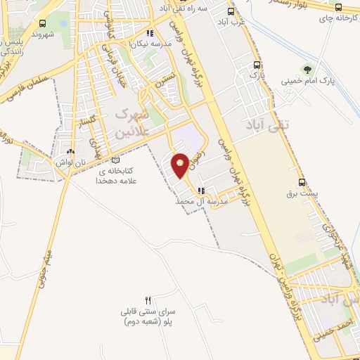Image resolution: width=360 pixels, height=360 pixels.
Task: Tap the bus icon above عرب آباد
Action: [231, 11]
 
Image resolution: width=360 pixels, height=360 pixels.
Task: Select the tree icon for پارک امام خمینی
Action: [306, 68]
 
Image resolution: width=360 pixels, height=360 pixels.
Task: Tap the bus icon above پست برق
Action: [302, 182]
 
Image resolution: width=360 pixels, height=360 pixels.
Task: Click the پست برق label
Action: [302, 193]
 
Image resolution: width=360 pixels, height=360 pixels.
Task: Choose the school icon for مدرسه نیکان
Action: [149, 32]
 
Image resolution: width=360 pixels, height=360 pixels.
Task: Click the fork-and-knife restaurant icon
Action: [148, 300]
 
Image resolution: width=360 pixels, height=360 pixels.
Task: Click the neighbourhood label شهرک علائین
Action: [129, 122]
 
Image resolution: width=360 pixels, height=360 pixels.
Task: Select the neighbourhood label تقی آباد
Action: [262, 125]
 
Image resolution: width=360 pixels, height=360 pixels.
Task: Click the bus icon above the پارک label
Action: [255, 63]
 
